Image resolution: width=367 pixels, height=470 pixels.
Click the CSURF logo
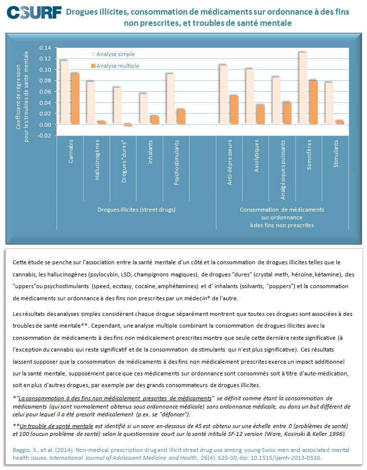[x=34, y=12]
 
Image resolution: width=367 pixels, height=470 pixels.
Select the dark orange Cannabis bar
[x=75, y=98]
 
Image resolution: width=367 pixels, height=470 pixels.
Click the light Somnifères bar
[x=303, y=88]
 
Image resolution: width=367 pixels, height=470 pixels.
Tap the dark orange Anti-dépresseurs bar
[x=234, y=110]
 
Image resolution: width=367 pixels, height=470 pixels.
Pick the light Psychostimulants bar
[x=171, y=99]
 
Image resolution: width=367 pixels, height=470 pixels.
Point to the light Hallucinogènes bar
[x=91, y=103]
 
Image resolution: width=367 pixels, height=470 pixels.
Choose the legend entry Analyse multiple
[x=115, y=66]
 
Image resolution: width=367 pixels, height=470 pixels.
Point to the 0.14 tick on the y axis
[x=45, y=48]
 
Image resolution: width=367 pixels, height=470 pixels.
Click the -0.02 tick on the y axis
[x=44, y=136]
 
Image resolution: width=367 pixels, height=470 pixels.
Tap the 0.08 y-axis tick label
[x=45, y=80]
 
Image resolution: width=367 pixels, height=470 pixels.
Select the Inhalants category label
[x=150, y=152]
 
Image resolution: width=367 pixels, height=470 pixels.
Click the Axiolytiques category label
[x=256, y=156]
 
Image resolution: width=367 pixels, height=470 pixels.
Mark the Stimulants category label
[x=336, y=154]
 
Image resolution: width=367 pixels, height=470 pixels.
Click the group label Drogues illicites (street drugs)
[x=136, y=210]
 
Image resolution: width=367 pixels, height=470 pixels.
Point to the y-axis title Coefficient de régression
[x=19, y=97]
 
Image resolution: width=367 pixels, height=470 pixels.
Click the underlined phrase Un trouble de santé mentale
[x=57, y=426]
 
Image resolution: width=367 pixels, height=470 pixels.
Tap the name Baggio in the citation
[x=22, y=450]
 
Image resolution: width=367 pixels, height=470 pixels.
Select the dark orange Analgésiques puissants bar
[x=287, y=113]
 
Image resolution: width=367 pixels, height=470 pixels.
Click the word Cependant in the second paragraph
[x=106, y=326]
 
